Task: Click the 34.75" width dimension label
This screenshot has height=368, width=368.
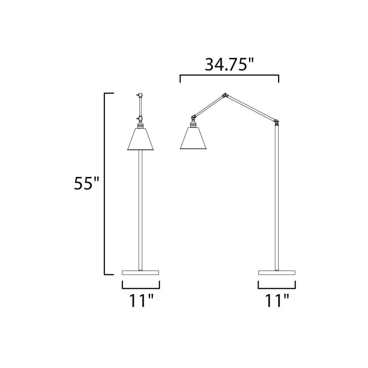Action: pos(229,64)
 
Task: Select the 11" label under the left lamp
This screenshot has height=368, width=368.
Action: pos(141,300)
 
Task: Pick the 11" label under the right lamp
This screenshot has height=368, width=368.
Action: pos(277,300)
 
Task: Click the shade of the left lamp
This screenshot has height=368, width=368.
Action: pos(140,139)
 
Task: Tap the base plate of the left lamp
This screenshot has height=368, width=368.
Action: pos(140,272)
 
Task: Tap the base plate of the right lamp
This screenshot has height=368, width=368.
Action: pos(277,272)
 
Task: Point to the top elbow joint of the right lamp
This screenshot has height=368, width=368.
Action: pos(225,95)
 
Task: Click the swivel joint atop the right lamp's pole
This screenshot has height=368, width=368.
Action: pos(277,121)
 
